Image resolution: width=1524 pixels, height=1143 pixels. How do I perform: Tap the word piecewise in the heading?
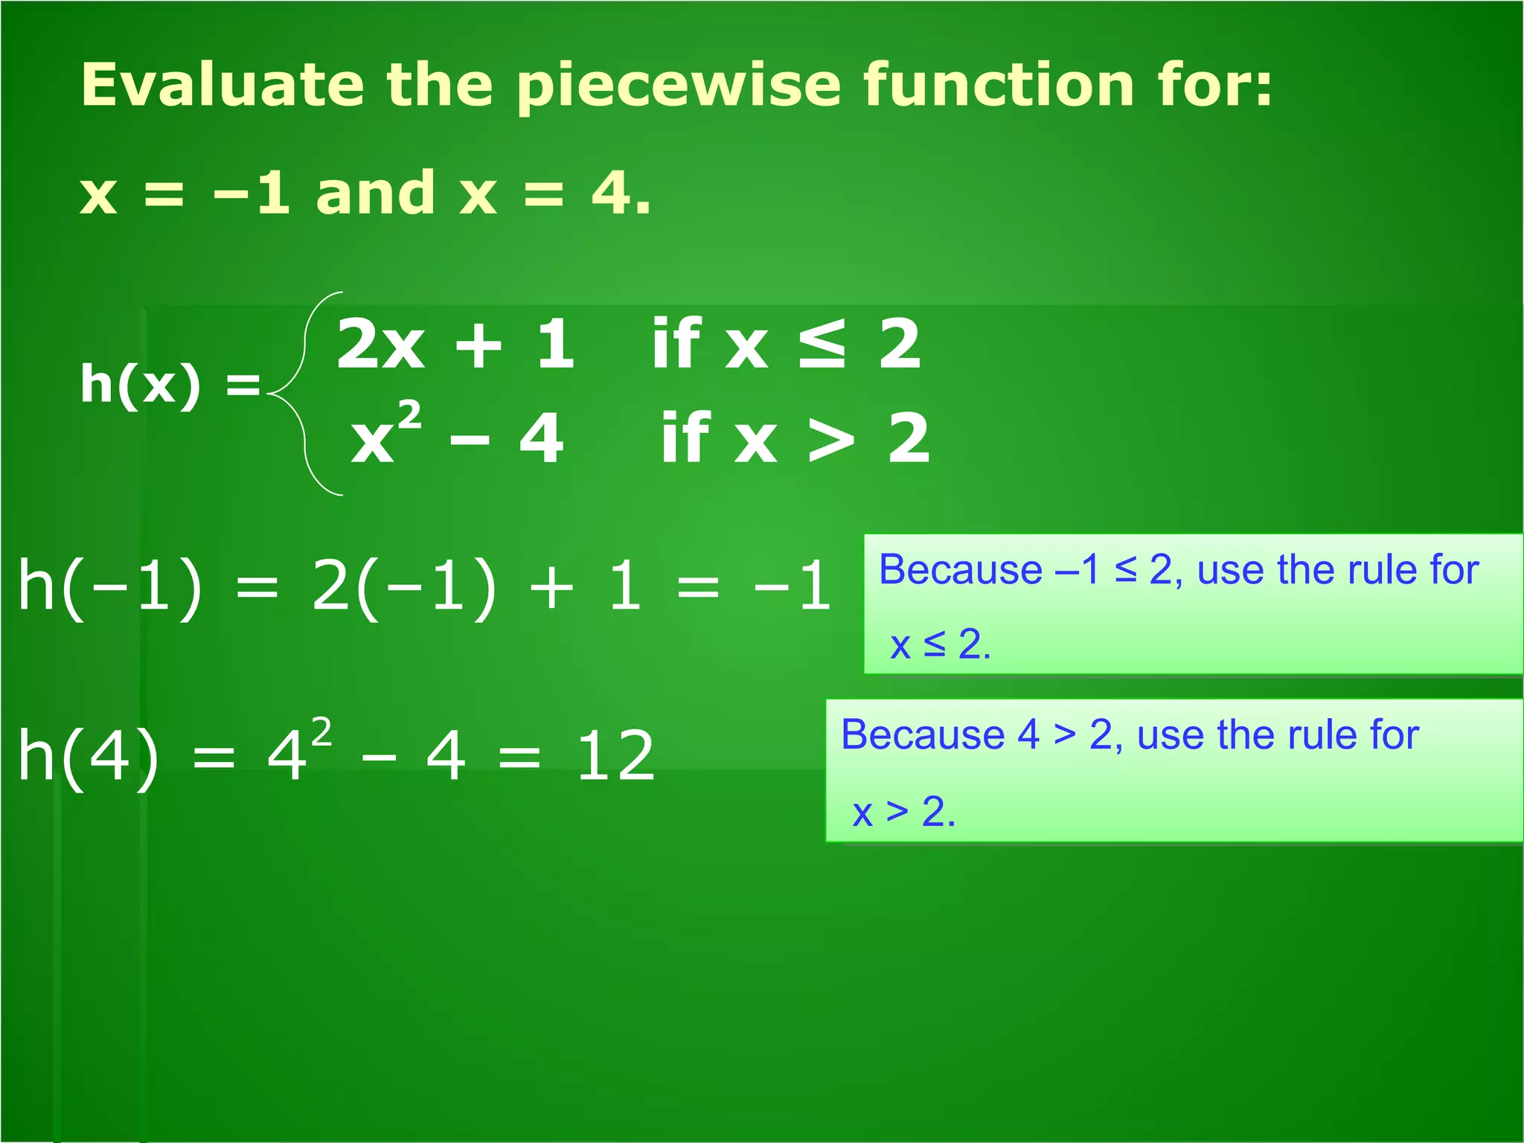tap(678, 86)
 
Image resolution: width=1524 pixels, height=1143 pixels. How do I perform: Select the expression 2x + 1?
tap(455, 344)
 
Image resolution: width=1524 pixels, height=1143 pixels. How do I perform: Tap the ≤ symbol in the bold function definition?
tap(822, 344)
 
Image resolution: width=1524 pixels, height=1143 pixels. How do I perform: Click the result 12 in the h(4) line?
tap(615, 756)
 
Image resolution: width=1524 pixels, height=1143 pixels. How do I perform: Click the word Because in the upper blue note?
tap(961, 570)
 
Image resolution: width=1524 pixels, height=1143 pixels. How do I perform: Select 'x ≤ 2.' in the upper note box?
tap(940, 644)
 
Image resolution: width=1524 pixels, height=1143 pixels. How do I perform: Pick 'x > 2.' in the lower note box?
tap(903, 811)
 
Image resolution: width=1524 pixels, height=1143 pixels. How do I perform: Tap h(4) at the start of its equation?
tap(89, 756)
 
